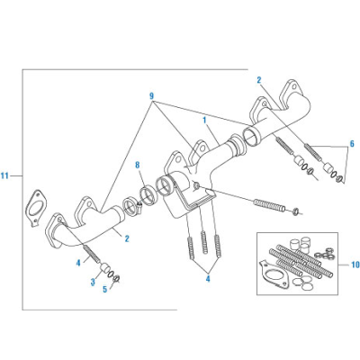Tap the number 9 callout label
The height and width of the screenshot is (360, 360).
151,95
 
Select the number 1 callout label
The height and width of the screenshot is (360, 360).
205,119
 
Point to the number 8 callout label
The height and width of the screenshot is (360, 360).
138,165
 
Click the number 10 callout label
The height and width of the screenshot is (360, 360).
354,265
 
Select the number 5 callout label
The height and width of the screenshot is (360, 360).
104,289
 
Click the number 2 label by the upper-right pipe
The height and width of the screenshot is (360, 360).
258,80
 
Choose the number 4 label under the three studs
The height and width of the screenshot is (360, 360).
207,279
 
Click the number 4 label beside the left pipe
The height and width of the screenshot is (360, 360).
78,262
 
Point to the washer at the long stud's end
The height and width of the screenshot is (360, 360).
297,212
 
